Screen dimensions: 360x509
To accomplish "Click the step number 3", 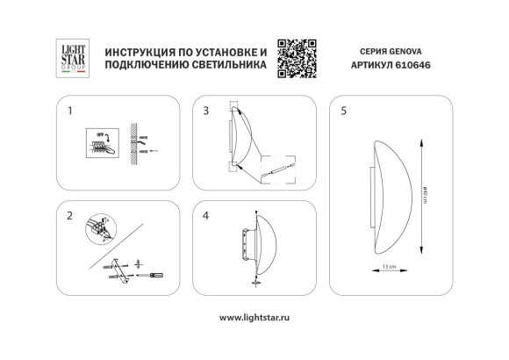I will click(x=205, y=112).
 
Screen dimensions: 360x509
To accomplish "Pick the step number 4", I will click(x=205, y=215).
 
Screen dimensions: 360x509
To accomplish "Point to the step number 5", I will click(x=345, y=112).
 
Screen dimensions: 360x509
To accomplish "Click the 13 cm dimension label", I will click(x=390, y=266).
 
